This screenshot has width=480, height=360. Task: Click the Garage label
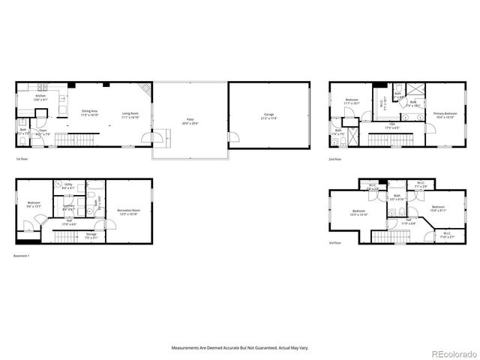(268, 116)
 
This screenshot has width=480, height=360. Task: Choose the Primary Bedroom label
(445, 115)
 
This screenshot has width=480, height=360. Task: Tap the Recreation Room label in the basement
(128, 212)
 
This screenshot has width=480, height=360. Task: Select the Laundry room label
(68, 206)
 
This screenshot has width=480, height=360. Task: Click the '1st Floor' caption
(23, 160)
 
